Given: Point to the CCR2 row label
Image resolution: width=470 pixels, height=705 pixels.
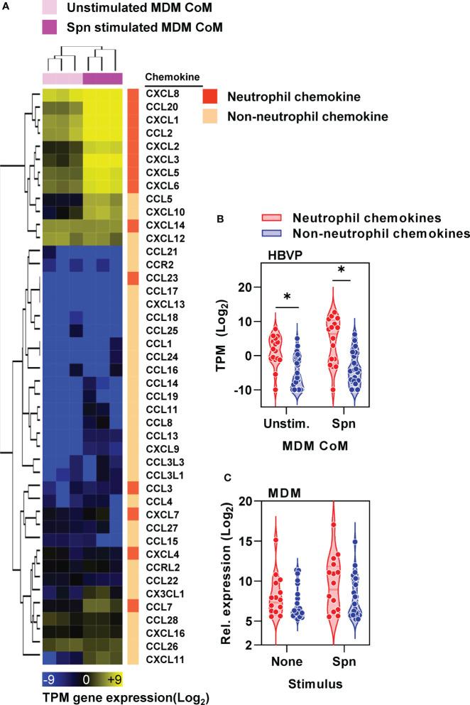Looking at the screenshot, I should [x=158, y=264].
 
